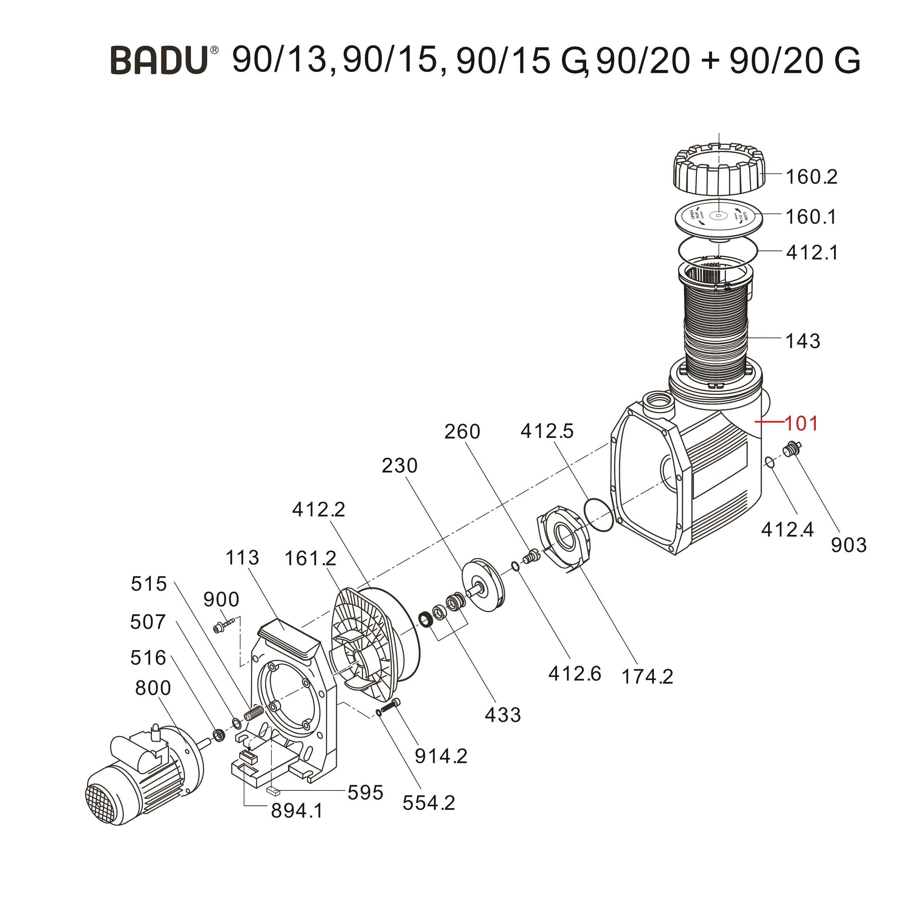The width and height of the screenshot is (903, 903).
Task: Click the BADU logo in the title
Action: coord(159,60)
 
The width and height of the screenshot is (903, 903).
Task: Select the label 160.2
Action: coord(811,177)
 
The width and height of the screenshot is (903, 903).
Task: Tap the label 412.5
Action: coord(547,431)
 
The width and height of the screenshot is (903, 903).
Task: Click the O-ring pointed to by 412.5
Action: coord(599,514)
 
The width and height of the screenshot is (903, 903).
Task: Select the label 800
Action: coord(153,689)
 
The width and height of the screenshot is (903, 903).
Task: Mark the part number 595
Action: coord(365,793)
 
